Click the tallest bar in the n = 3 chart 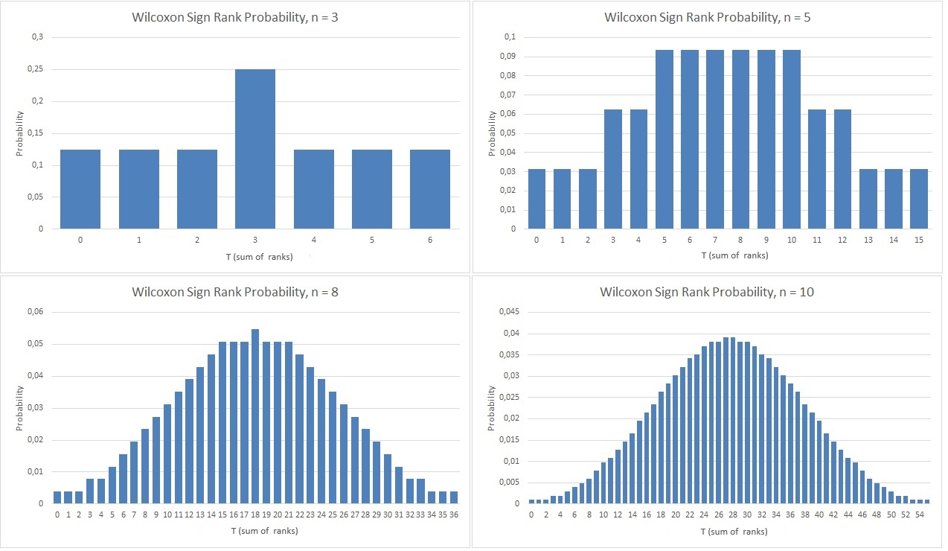(x=255, y=149)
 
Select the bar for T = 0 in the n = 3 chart (x=80, y=189)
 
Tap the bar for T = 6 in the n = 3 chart (x=430, y=189)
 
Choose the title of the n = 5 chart (x=707, y=16)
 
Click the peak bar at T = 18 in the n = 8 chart (x=255, y=416)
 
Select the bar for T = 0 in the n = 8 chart (x=57, y=497)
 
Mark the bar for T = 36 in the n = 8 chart (x=452, y=497)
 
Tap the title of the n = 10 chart (x=707, y=292)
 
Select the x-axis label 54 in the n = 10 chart (x=920, y=515)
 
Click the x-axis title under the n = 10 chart (x=734, y=532)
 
